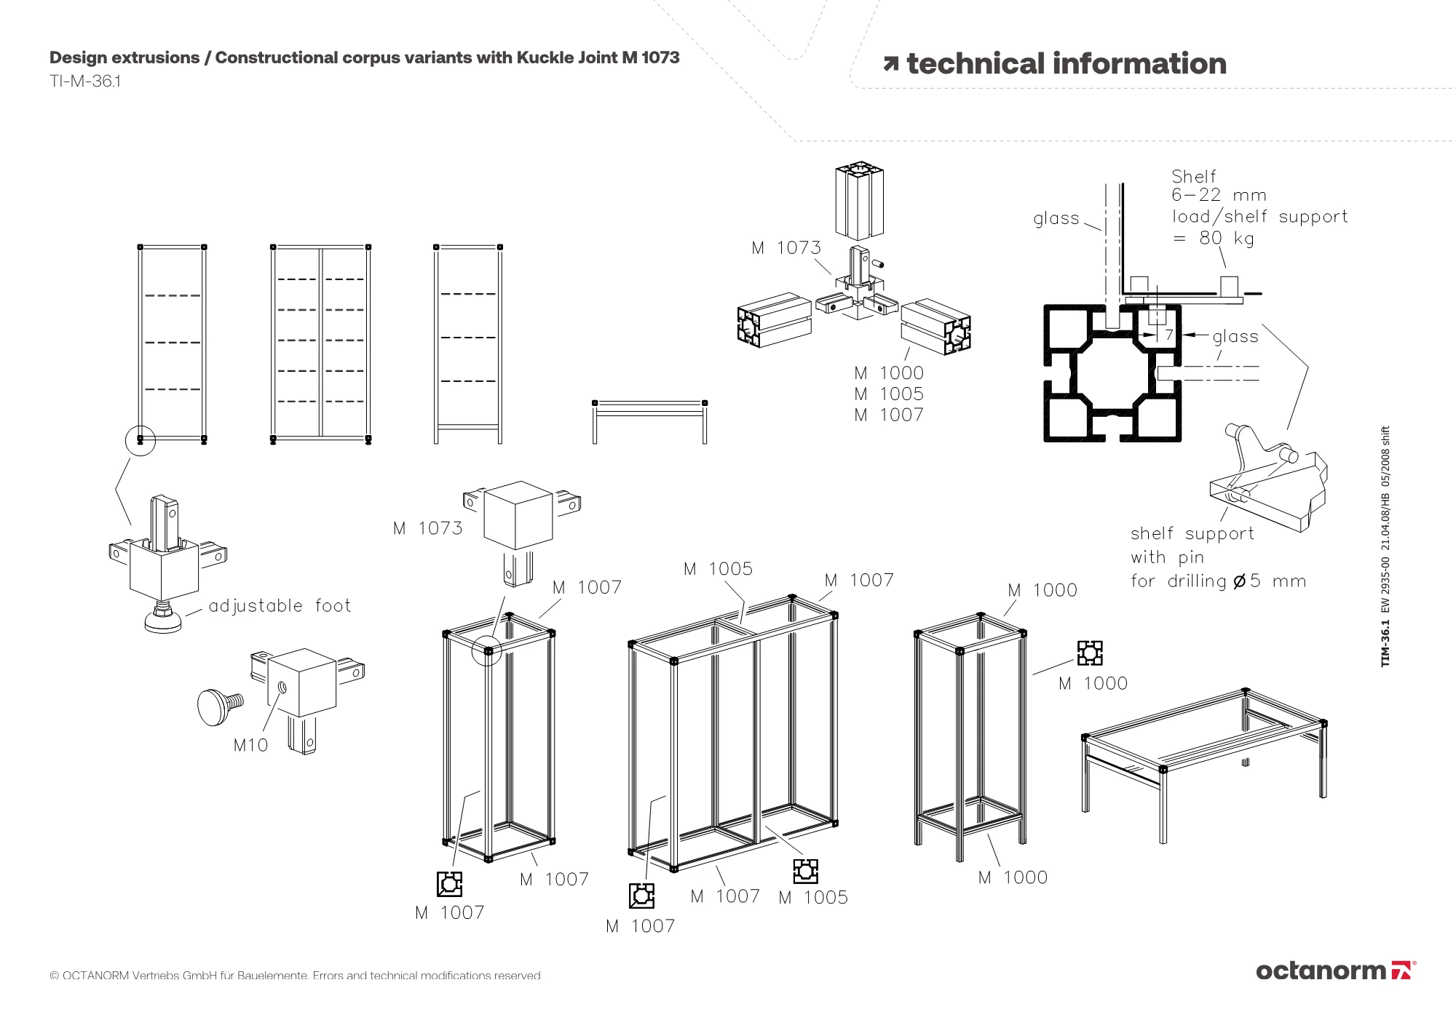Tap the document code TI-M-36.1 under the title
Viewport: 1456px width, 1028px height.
85,81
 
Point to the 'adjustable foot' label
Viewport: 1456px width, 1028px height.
280,606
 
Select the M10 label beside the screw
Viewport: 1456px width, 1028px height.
250,745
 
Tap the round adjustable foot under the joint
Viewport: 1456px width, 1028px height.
163,621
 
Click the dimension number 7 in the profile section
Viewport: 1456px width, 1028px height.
1169,335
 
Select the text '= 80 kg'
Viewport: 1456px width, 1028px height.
1214,238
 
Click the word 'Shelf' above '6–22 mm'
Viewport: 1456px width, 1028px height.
1194,177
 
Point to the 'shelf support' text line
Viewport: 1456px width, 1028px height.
1192,534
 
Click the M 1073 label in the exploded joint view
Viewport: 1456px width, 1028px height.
786,248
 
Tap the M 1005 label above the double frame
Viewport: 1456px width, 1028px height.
718,569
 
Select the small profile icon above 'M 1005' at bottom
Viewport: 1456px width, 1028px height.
805,871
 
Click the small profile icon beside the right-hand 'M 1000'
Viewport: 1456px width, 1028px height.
1089,653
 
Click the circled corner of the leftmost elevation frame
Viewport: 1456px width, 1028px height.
141,440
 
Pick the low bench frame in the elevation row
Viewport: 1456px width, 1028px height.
649,421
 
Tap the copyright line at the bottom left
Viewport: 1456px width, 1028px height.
296,976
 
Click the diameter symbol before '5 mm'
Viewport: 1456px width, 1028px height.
1239,581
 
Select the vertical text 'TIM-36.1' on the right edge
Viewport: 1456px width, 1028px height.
1385,642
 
